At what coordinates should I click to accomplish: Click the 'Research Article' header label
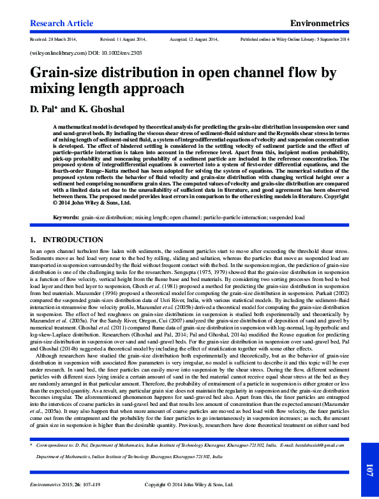[x=61, y=23]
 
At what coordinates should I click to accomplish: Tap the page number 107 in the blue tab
[x=369, y=471]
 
